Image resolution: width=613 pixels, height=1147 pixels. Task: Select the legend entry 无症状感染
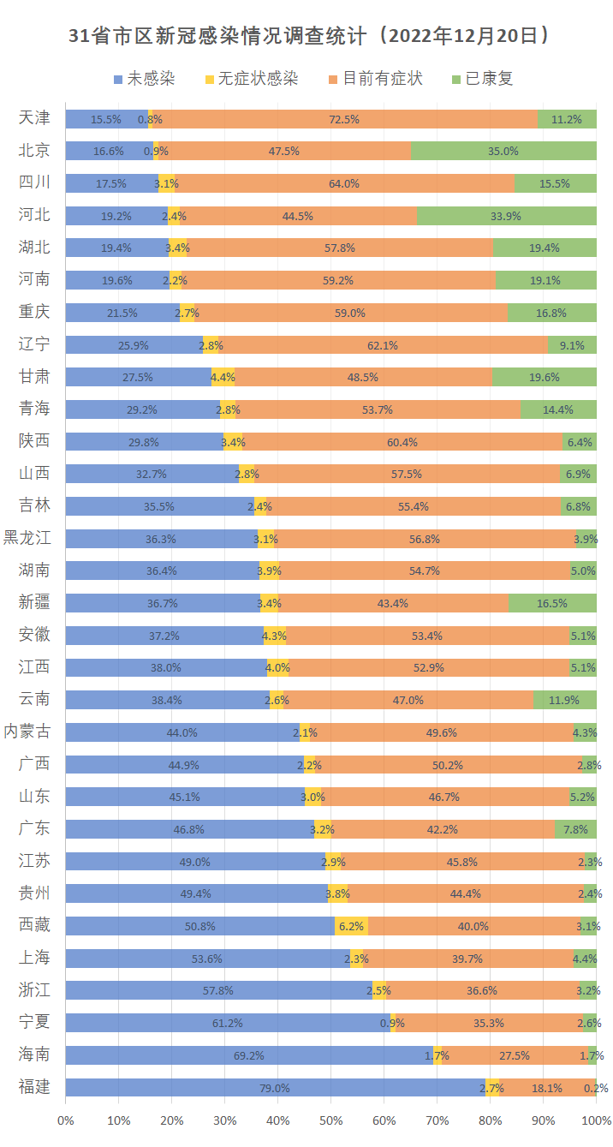(257, 79)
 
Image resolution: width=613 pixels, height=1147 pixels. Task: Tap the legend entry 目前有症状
(382, 79)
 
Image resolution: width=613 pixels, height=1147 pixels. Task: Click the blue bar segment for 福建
(275, 1088)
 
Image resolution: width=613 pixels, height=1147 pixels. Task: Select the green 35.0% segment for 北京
(503, 151)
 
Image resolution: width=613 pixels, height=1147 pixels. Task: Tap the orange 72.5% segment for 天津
(343, 119)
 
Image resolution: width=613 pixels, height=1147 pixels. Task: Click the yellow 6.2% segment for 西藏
(351, 926)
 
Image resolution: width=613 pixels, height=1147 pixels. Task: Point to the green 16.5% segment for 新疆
(552, 603)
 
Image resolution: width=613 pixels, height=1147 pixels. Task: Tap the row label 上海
(34, 958)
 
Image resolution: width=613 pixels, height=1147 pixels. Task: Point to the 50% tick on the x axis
(330, 1120)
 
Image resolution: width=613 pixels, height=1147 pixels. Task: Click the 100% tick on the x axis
(596, 1120)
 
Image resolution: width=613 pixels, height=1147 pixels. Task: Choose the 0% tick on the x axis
(66, 1120)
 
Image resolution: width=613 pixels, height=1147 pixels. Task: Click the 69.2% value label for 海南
(249, 1055)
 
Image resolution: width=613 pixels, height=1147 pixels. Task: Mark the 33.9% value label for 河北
(506, 216)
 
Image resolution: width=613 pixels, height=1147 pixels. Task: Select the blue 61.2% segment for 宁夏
(228, 1023)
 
